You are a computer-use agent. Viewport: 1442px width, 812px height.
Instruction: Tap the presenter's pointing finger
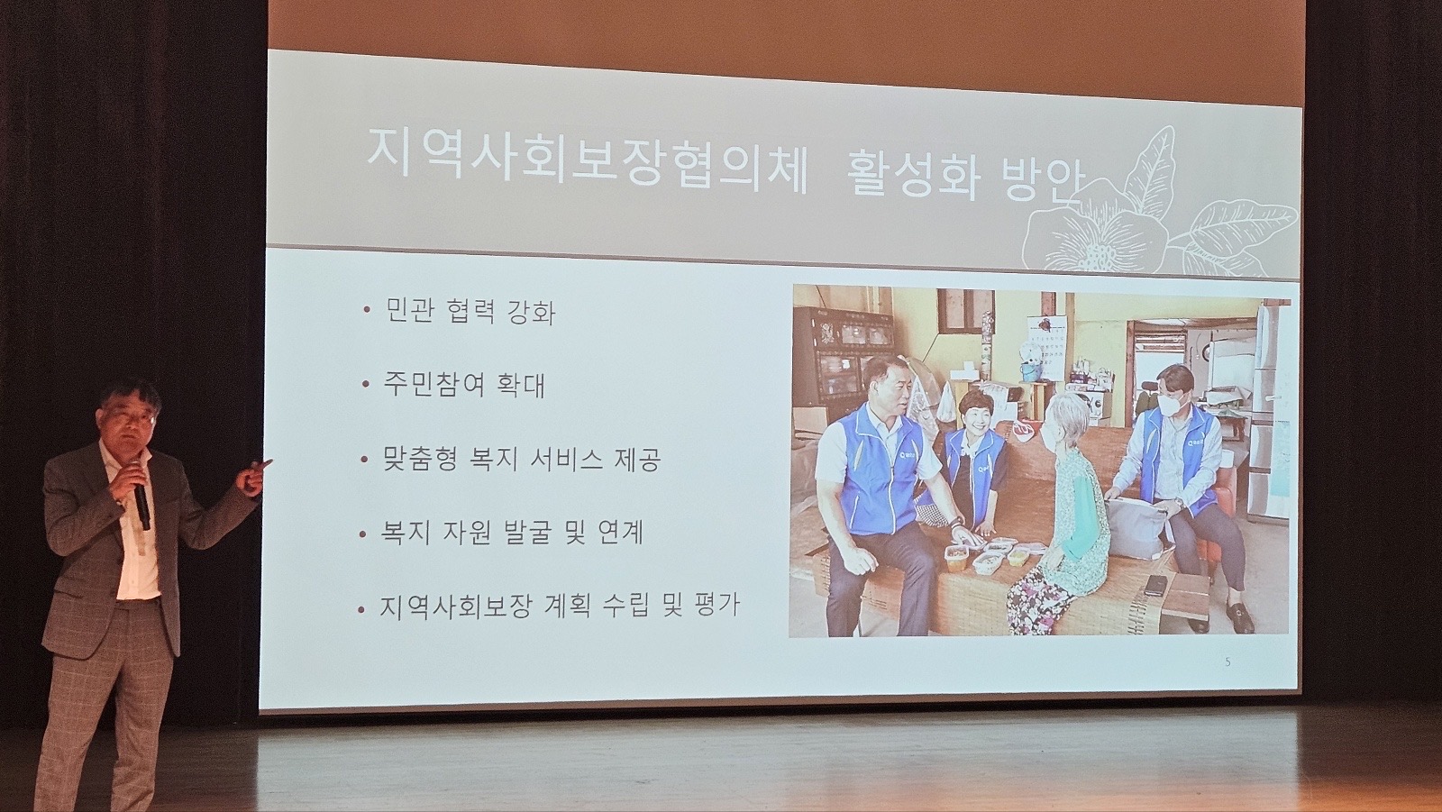tap(263, 463)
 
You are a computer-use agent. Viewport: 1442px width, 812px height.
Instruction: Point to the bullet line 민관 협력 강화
tap(470, 312)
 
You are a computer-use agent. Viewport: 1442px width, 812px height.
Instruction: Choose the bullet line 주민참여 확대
tap(464, 385)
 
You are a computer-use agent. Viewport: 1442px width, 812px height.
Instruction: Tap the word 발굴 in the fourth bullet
tap(531, 533)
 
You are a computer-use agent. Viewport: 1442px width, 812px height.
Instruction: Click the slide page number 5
tap(1228, 662)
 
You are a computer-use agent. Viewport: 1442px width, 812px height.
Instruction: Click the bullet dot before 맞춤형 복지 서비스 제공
tap(365, 459)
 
